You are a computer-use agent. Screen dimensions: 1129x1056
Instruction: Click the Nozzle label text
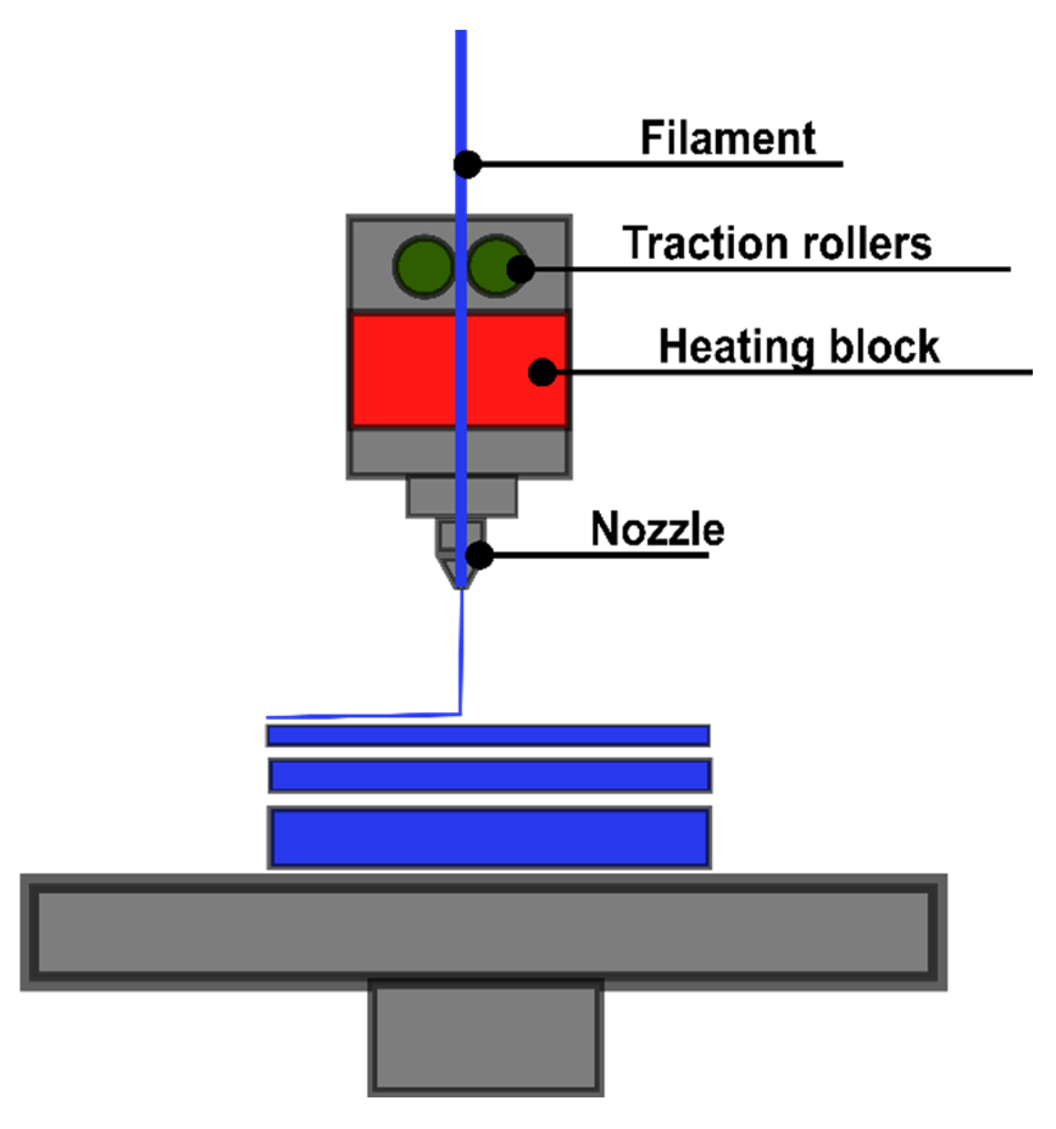tap(657, 530)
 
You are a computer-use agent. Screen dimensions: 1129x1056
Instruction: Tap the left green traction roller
tap(423, 266)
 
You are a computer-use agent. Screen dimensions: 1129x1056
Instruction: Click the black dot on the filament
tap(467, 164)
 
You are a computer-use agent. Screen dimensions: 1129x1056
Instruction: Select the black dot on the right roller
tap(521, 269)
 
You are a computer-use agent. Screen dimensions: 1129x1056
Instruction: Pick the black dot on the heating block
tap(542, 372)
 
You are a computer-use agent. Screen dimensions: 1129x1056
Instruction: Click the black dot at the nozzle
tap(480, 555)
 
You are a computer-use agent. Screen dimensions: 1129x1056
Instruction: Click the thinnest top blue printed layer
tap(488, 735)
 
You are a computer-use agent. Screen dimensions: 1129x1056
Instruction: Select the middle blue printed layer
tap(490, 776)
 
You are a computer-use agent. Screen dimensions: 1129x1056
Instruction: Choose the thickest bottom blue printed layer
tap(489, 838)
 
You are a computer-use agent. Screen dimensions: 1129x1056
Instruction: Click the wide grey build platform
tap(483, 932)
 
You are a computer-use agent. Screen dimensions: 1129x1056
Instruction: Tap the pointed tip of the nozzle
tap(461, 585)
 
